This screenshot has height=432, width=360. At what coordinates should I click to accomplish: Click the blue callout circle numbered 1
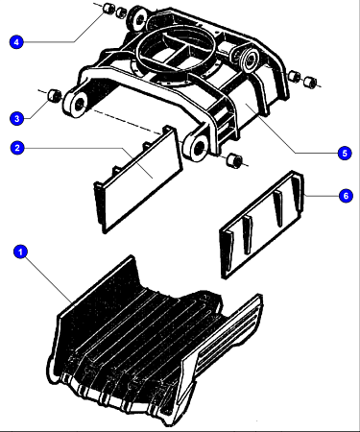(21, 252)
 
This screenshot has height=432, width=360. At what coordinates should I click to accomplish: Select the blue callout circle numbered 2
(17, 148)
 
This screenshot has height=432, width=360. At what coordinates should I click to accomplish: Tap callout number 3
(17, 118)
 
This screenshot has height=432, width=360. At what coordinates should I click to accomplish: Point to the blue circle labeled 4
(16, 42)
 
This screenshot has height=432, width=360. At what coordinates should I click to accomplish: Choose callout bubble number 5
(345, 153)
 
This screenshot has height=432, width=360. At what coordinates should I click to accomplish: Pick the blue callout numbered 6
(346, 196)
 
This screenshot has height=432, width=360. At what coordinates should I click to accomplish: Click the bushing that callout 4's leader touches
(108, 9)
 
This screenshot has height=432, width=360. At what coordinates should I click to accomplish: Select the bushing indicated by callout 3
(55, 95)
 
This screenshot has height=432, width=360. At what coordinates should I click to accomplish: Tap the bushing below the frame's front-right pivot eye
(233, 160)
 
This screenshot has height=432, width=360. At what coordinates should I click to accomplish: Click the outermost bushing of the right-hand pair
(310, 82)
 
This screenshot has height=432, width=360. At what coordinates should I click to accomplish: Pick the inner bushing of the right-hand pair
(294, 77)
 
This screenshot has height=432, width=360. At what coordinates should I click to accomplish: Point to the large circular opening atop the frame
(175, 54)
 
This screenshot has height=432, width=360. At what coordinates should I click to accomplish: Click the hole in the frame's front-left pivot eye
(79, 104)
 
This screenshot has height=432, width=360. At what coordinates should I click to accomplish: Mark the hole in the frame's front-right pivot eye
(199, 147)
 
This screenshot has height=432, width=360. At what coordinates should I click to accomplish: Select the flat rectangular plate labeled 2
(138, 180)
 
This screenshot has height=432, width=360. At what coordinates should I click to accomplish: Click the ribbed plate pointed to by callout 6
(262, 225)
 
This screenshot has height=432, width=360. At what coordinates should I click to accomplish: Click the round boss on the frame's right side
(250, 59)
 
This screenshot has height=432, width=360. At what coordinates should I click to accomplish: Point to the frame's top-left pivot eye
(137, 19)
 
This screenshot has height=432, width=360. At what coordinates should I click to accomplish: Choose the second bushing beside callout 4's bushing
(121, 12)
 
